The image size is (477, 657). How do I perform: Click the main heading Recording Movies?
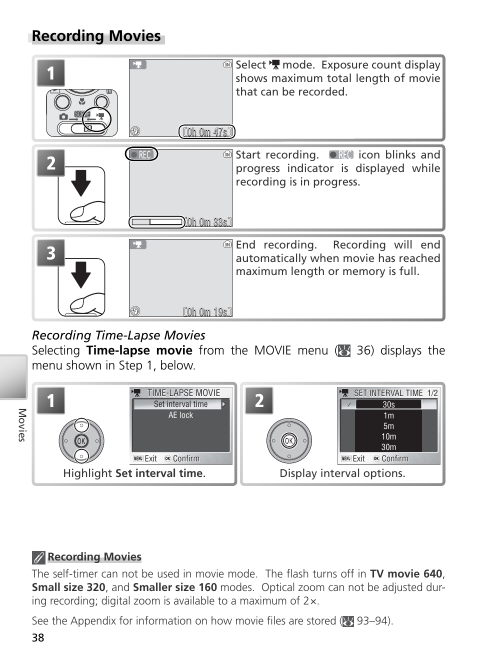(96, 36)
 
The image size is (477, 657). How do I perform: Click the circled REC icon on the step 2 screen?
(141, 154)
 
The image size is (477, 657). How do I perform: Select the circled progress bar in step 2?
(156, 222)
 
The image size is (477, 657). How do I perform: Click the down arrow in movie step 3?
(81, 273)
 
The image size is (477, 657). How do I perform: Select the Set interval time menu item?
(180, 404)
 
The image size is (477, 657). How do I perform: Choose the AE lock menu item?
(180, 415)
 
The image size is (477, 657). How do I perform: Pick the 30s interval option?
(388, 405)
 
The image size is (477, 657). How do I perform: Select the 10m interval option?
(388, 436)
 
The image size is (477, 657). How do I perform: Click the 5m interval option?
(388, 426)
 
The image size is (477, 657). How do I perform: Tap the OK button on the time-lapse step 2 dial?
(288, 440)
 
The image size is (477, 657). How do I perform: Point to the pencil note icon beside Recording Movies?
(38, 557)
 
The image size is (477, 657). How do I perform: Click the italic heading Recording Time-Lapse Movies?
(118, 335)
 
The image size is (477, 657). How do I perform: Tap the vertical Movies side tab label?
(21, 425)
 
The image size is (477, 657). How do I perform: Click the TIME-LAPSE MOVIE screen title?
(183, 393)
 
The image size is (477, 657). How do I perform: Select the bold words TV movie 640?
(406, 574)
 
